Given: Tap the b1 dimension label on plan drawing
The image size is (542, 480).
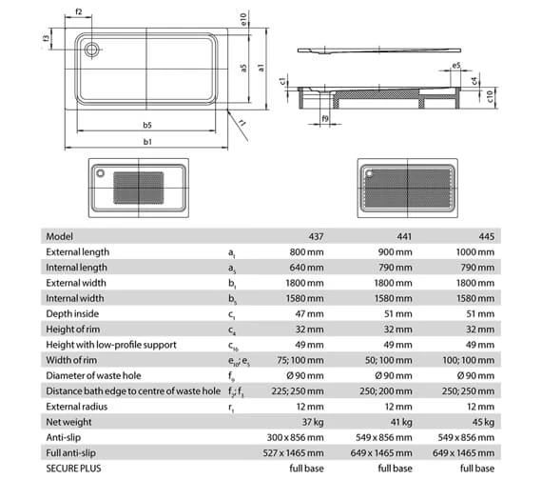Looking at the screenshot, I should point(148,142).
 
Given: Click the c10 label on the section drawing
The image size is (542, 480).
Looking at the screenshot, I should point(489,94).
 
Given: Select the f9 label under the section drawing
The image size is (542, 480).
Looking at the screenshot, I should point(324,119).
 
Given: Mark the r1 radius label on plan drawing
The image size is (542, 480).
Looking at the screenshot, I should point(242,123).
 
